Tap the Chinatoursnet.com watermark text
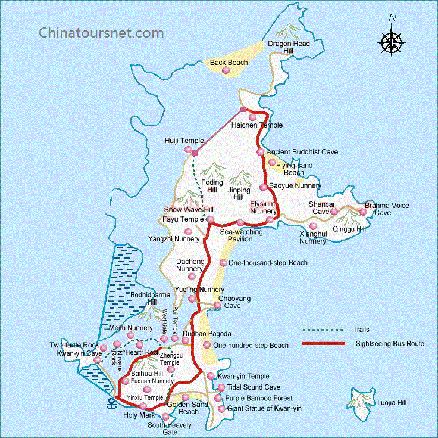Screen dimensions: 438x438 101,32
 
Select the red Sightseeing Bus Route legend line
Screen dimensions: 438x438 323,344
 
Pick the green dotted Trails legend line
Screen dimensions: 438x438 323,330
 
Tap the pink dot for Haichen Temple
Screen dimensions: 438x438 253,117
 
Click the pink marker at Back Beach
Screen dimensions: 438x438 226,71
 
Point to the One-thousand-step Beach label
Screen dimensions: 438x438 268,263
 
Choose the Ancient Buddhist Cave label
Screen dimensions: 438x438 302,153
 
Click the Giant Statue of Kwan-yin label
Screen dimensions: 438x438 265,409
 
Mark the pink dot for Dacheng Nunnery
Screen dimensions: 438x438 191,277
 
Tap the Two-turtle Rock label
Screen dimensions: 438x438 74,346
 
